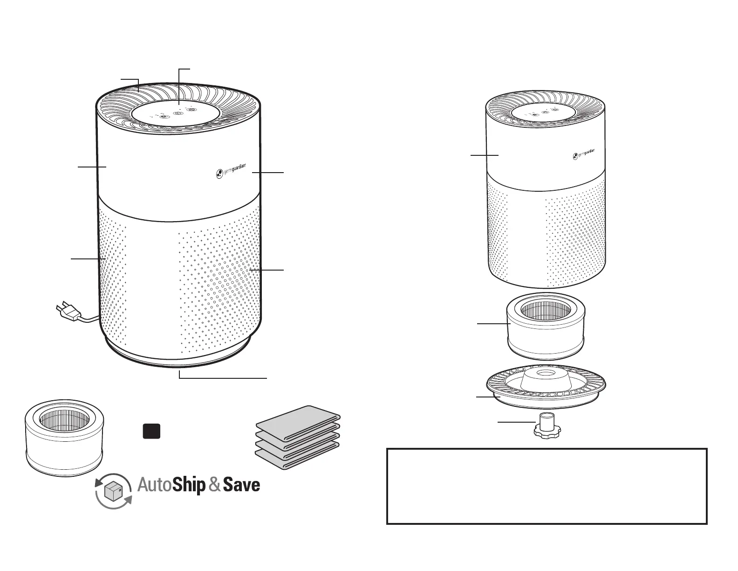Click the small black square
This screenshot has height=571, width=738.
coord(151,431)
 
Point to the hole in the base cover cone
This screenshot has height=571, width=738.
coord(545,374)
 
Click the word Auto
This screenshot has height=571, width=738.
coord(154,486)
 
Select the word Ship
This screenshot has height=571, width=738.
coord(189,486)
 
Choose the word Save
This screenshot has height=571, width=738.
coord(241,486)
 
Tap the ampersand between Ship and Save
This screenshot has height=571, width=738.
coord(214,486)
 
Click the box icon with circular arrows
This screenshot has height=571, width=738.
coord(113,491)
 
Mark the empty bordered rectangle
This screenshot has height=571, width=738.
coord(547,486)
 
